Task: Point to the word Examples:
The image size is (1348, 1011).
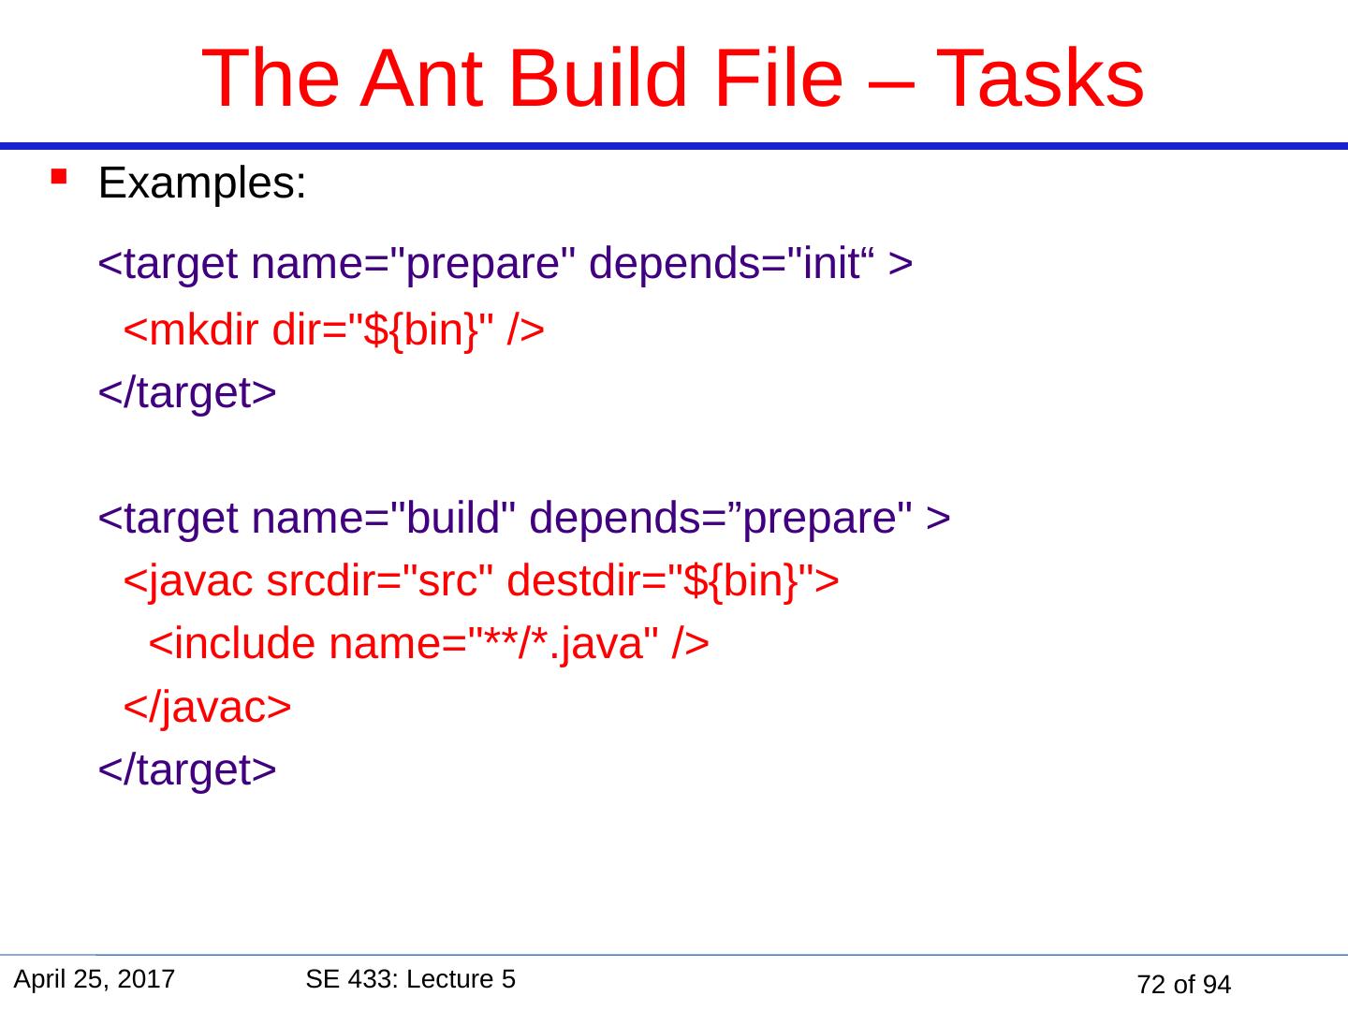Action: click(202, 183)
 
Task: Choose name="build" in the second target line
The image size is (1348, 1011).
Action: click(383, 518)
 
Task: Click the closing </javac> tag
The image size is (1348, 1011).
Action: click(206, 708)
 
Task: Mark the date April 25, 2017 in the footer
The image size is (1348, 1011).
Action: click(95, 980)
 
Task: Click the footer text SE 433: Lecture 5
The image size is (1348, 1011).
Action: click(410, 979)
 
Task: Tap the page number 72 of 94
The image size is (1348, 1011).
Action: click(1183, 985)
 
